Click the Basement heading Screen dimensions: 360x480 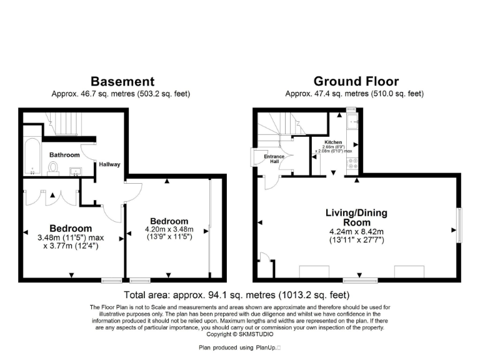tap(122, 81)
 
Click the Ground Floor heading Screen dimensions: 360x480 tap(356, 81)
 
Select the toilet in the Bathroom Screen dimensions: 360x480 tap(53, 167)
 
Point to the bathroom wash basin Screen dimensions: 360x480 tap(76, 169)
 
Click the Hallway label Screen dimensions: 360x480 tap(109, 164)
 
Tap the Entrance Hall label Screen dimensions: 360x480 tap(277, 159)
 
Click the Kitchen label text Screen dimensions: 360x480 tap(334, 142)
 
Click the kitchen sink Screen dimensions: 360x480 tap(352, 122)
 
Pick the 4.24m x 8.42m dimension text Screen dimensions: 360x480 tap(356, 231)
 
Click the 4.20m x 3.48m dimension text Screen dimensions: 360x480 tap(169, 229)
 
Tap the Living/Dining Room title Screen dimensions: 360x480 tap(356, 217)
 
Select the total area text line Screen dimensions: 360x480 tap(237, 294)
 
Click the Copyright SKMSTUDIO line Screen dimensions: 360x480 tap(240, 333)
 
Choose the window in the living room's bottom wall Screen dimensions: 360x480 tap(360, 281)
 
